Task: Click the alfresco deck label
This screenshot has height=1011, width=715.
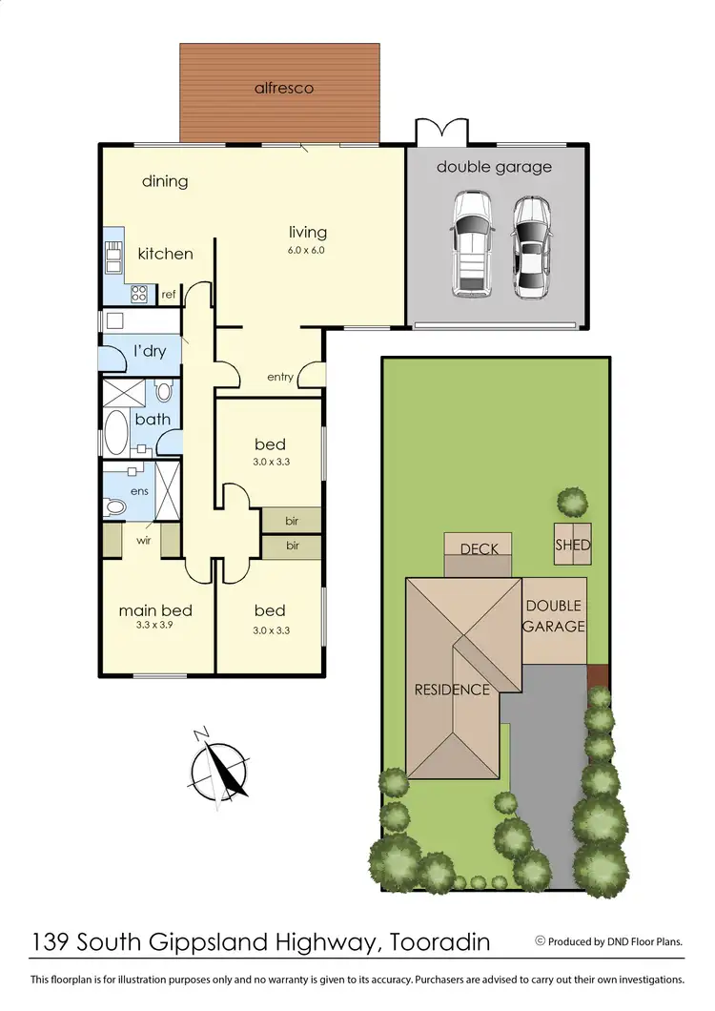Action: (284, 89)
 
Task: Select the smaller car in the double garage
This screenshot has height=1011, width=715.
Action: (530, 246)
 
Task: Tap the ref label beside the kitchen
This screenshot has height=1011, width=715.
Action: (168, 295)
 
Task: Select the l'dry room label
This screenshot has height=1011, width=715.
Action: (150, 351)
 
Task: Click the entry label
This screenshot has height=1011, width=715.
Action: (280, 377)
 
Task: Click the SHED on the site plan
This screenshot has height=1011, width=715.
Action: (573, 546)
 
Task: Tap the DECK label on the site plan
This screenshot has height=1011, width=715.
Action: (479, 549)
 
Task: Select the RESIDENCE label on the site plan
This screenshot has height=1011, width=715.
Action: (451, 690)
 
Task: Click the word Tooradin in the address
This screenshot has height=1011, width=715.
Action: (440, 943)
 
